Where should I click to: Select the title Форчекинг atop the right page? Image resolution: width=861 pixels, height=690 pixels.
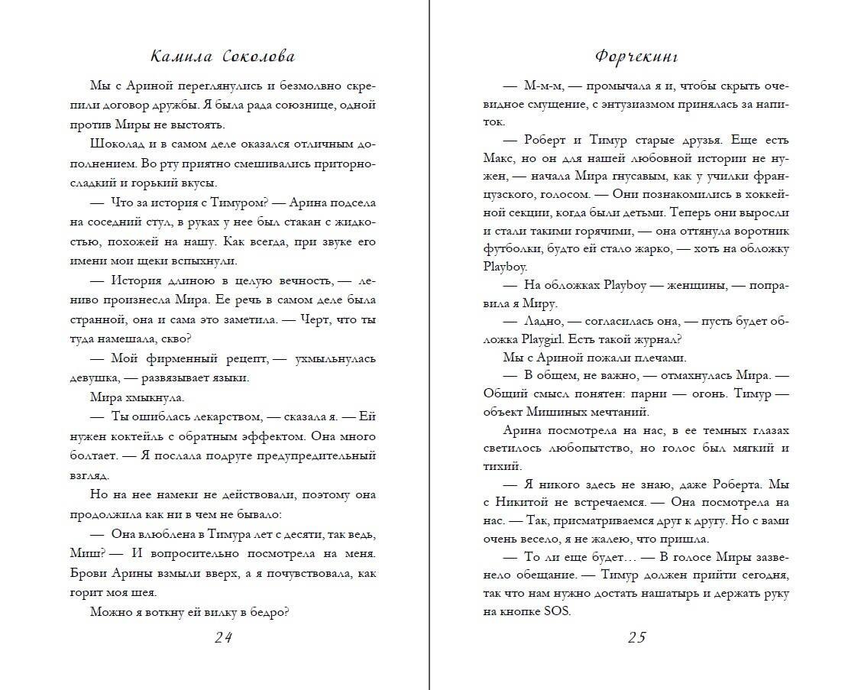click(x=636, y=57)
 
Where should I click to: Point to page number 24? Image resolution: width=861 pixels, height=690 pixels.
click(x=223, y=638)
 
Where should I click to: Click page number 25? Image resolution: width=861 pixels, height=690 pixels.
click(x=636, y=638)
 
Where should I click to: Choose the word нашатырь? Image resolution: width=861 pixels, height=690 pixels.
click(x=677, y=592)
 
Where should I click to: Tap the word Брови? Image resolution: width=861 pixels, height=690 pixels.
click(x=110, y=573)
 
